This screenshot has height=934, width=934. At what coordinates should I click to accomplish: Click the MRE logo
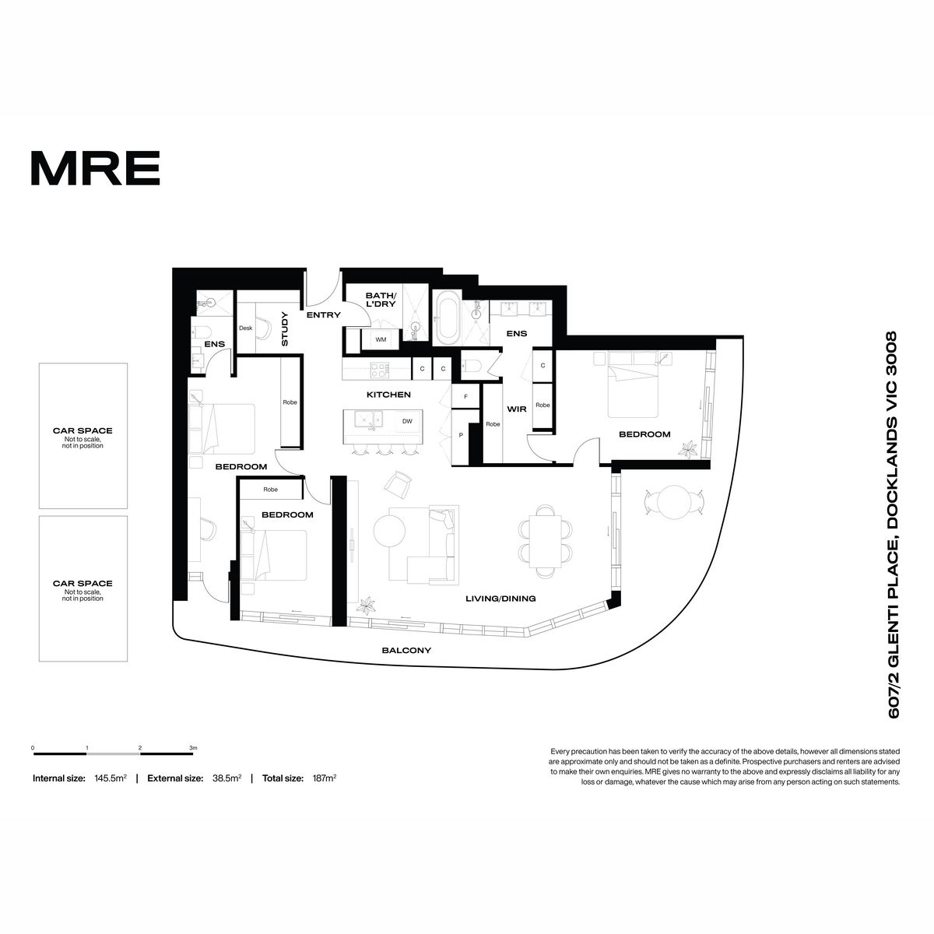(x=96, y=167)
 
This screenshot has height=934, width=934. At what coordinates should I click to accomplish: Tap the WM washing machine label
(x=381, y=339)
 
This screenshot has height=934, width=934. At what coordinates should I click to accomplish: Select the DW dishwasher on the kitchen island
(x=407, y=421)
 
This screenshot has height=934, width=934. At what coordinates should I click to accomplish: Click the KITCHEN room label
(x=388, y=395)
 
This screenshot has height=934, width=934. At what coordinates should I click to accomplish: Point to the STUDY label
(x=285, y=328)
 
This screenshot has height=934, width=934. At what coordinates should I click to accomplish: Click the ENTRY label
(x=323, y=314)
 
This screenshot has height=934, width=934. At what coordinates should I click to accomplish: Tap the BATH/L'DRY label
(x=381, y=300)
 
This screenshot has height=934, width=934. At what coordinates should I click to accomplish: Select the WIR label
(x=517, y=409)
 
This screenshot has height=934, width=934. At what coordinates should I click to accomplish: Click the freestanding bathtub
(x=447, y=318)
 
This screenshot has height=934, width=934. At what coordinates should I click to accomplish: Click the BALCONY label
(x=406, y=650)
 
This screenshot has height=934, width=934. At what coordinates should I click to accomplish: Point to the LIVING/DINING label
(x=500, y=599)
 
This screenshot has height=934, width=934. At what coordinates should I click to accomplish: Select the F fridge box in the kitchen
(x=465, y=396)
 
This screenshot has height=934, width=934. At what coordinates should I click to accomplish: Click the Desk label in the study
(x=246, y=328)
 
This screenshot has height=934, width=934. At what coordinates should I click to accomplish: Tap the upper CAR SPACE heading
(x=83, y=430)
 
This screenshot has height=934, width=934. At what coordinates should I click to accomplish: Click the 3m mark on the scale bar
(x=193, y=748)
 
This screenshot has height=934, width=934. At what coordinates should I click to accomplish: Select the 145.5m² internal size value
(x=111, y=778)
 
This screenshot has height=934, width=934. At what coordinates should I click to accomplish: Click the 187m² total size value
(x=325, y=778)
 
